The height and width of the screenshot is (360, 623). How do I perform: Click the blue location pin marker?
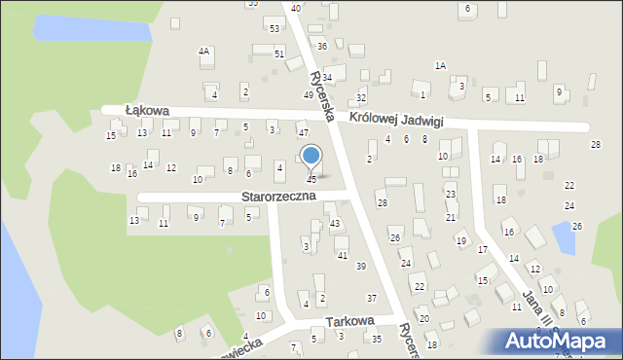311,156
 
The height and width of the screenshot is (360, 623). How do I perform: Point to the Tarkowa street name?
350,321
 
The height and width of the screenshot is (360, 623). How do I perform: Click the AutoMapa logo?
560,342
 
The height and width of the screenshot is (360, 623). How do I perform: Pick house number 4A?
203,51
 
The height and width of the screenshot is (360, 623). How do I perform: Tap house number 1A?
440,65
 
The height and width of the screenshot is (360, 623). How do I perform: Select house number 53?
275,28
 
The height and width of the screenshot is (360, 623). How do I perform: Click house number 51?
279,54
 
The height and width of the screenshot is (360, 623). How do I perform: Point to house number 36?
321,47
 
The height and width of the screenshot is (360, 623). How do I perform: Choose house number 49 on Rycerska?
309,94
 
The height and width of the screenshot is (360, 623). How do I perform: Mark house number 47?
304,132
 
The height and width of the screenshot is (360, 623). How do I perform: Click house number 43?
335,224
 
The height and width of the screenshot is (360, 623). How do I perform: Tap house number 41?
342,255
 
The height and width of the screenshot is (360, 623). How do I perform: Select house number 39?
360,267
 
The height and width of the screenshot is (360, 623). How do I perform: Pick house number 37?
371,298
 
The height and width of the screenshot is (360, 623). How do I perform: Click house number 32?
361,98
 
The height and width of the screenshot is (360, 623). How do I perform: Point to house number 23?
451,195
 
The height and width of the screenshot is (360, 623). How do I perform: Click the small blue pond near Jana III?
562,236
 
